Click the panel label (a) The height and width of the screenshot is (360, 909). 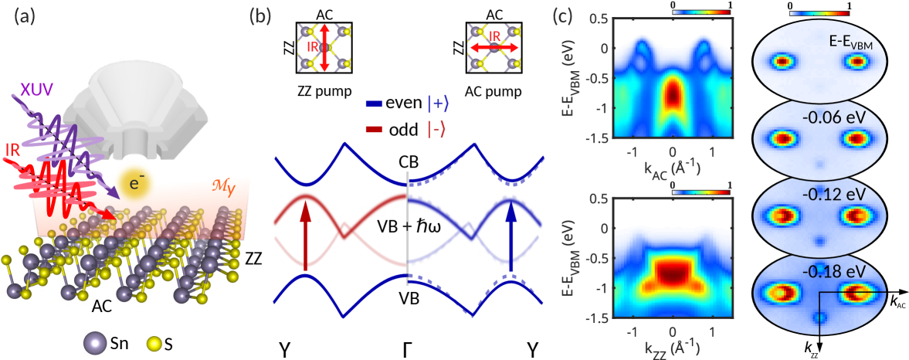click(25, 17)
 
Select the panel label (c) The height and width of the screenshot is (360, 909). click(582, 17)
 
